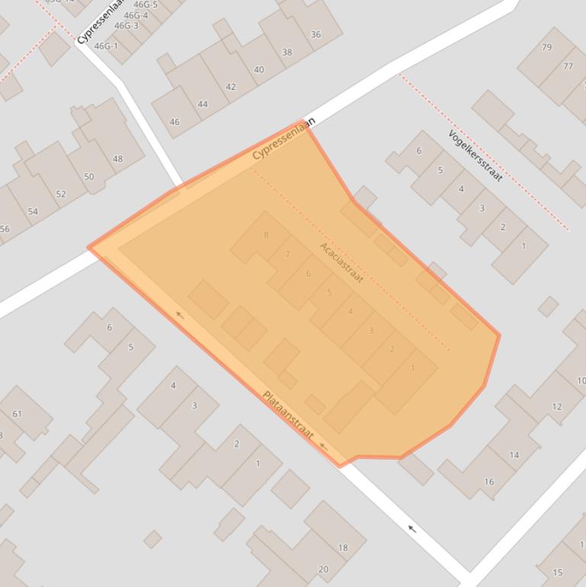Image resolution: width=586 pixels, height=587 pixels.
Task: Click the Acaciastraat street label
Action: tap(341, 262)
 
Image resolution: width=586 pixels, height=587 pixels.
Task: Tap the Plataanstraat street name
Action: tap(287, 415)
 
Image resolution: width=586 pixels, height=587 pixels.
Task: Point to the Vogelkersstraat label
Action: tap(476, 156)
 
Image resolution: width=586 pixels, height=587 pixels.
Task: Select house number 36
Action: tap(315, 34)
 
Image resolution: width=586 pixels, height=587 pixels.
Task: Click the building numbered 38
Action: tap(287, 53)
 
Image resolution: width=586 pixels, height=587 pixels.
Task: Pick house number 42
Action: tap(231, 87)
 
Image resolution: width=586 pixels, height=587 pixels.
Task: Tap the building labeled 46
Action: tap(175, 122)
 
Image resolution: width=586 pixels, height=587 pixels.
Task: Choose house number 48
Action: tap(117, 159)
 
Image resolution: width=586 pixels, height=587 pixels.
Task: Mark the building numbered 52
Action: tap(61, 194)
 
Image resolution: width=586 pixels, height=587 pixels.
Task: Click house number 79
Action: tap(546, 47)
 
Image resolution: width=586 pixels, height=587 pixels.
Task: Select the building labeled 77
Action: tap(568, 66)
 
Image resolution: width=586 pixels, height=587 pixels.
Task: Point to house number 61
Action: tap(17, 414)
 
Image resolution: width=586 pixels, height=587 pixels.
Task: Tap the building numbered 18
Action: tap(343, 547)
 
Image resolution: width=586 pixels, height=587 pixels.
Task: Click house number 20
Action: tap(323, 569)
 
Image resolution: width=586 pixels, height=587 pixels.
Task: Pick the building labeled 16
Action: tap(488, 481)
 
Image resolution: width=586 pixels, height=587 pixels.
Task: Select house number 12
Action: tap(556, 406)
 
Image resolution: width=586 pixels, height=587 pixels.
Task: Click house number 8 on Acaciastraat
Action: tap(266, 235)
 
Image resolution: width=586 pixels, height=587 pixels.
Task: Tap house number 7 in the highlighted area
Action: tap(287, 255)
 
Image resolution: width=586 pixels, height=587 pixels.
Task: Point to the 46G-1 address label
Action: tap(106, 47)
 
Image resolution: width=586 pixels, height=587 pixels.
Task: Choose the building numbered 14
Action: tap(514, 455)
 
